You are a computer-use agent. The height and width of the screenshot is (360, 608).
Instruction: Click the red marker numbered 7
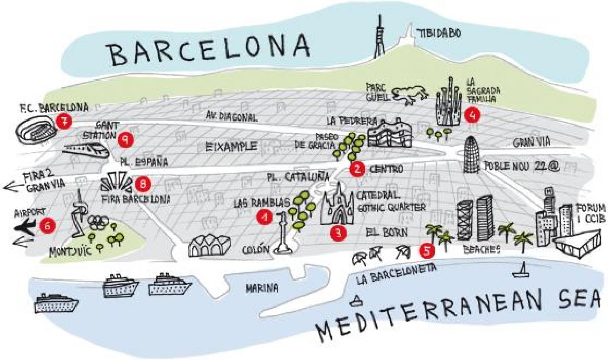[64, 121]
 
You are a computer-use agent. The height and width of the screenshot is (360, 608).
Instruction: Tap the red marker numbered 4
[472, 115]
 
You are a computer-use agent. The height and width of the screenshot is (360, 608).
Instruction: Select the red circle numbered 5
[427, 249]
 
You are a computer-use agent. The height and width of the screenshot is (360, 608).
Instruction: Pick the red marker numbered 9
[125, 139]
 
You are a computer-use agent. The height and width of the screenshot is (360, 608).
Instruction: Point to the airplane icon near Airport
[26, 226]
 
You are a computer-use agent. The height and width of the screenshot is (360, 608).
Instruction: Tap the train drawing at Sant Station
[85, 149]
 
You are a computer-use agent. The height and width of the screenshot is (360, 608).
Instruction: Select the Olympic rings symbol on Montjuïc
[98, 222]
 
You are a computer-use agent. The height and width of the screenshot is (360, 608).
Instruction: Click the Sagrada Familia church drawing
[449, 104]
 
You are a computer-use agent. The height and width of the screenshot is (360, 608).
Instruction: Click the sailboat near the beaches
[521, 272]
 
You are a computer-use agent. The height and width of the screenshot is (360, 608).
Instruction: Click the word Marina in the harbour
[262, 288]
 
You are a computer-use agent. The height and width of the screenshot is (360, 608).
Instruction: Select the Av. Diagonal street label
[232, 117]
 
